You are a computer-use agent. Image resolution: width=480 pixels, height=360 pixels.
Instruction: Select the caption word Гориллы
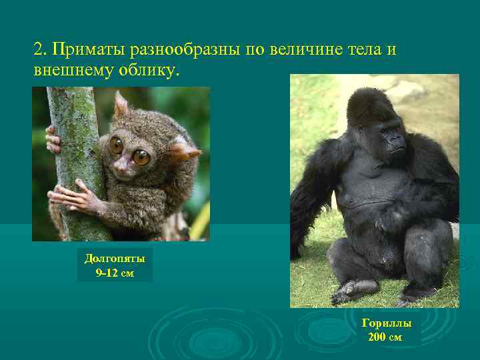[386, 323]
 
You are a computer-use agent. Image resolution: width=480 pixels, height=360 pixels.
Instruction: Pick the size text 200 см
[386, 337]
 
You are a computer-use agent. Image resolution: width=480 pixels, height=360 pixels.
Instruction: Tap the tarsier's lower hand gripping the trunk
[67, 198]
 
